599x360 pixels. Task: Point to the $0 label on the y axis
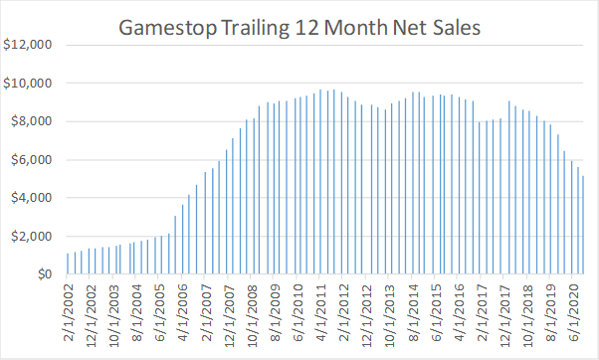[41, 274]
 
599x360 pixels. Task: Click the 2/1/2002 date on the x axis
[68, 313]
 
